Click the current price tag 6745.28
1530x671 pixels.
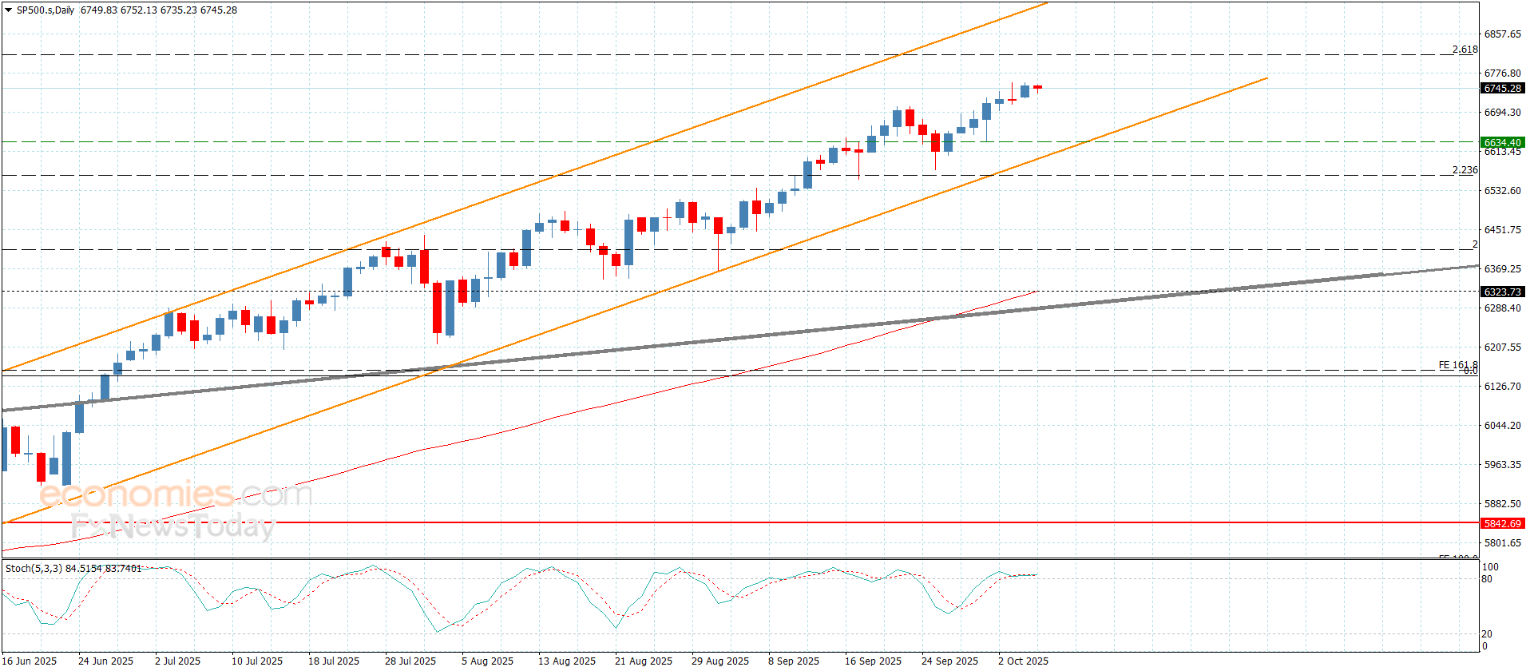coord(1502,89)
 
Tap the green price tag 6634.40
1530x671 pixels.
coord(1502,143)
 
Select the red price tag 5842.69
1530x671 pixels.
coord(1502,524)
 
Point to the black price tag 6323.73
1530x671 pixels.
coord(1502,292)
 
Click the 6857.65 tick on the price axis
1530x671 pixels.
coord(1502,34)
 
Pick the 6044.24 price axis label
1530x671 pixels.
coord(1502,426)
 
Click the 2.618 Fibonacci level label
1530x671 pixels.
coord(1465,50)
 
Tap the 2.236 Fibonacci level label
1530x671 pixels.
coord(1465,170)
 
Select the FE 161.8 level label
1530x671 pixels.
coord(1457,365)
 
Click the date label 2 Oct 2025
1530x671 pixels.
coord(1023,661)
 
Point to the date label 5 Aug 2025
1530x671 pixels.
coord(487,661)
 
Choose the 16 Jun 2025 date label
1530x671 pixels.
coord(30,661)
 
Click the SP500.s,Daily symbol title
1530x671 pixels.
coord(46,10)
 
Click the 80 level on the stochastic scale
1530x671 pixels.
coord(1487,579)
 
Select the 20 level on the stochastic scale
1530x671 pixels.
coord(1487,634)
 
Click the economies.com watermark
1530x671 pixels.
coord(176,494)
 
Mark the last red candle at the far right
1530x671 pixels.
coord(1037,87)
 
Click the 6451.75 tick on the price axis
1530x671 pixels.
coord(1502,230)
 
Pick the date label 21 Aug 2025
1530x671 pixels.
coord(644,661)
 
